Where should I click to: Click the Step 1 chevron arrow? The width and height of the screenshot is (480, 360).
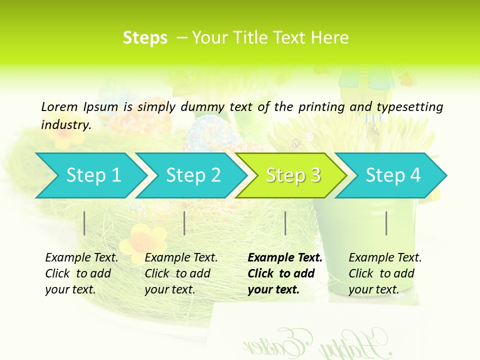point(92,175)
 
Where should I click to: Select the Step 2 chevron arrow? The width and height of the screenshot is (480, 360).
point(192,175)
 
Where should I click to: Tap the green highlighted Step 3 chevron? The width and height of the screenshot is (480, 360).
point(292,175)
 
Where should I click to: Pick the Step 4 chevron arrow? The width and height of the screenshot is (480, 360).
point(392,175)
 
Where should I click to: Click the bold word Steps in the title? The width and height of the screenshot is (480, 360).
point(145,38)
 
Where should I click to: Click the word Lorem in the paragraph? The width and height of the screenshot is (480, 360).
point(59,106)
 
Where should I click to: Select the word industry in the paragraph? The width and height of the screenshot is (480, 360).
point(65,124)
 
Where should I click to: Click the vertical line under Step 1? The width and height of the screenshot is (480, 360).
point(84,223)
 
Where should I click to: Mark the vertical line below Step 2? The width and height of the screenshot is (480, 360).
point(184,223)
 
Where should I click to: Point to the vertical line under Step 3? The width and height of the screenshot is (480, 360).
point(285,223)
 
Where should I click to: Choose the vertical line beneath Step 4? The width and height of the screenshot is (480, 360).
point(386,223)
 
